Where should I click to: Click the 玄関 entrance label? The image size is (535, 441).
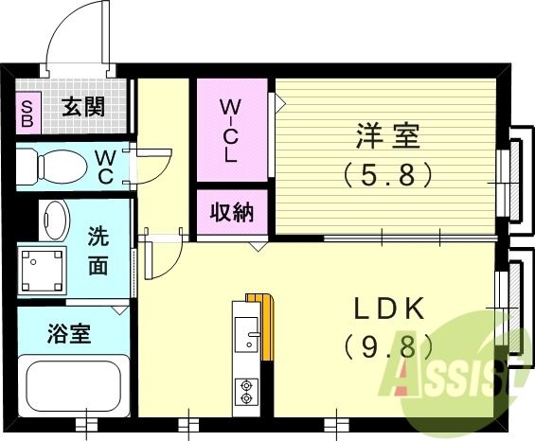[x=83, y=106]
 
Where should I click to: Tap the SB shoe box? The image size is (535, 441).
[x=27, y=113]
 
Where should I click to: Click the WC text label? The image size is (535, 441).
[x=105, y=167]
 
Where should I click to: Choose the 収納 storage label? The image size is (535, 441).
[x=231, y=212]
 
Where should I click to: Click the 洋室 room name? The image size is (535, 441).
[x=387, y=137]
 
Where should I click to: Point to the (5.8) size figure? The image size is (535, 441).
[x=387, y=174]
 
